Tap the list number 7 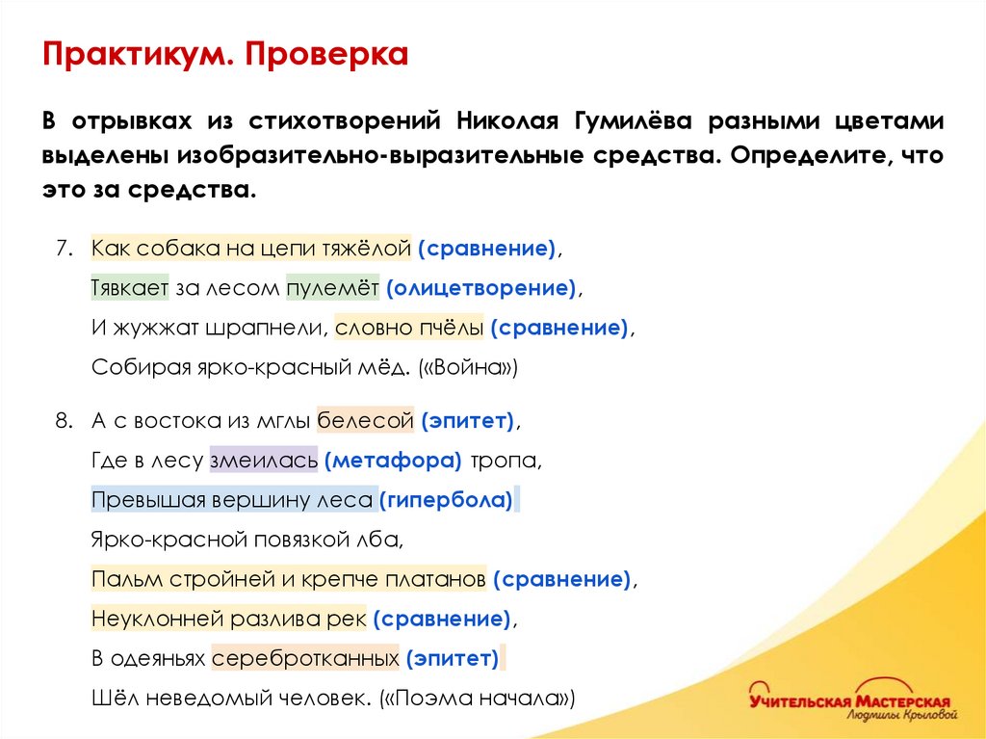[x=63, y=248]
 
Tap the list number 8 [x=63, y=420]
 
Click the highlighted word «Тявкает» [x=130, y=287]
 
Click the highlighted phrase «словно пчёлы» [x=409, y=328]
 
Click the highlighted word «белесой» [x=365, y=420]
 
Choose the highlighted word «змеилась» [x=263, y=461]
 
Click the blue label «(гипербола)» [x=445, y=500]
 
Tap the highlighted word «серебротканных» [x=305, y=659]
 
